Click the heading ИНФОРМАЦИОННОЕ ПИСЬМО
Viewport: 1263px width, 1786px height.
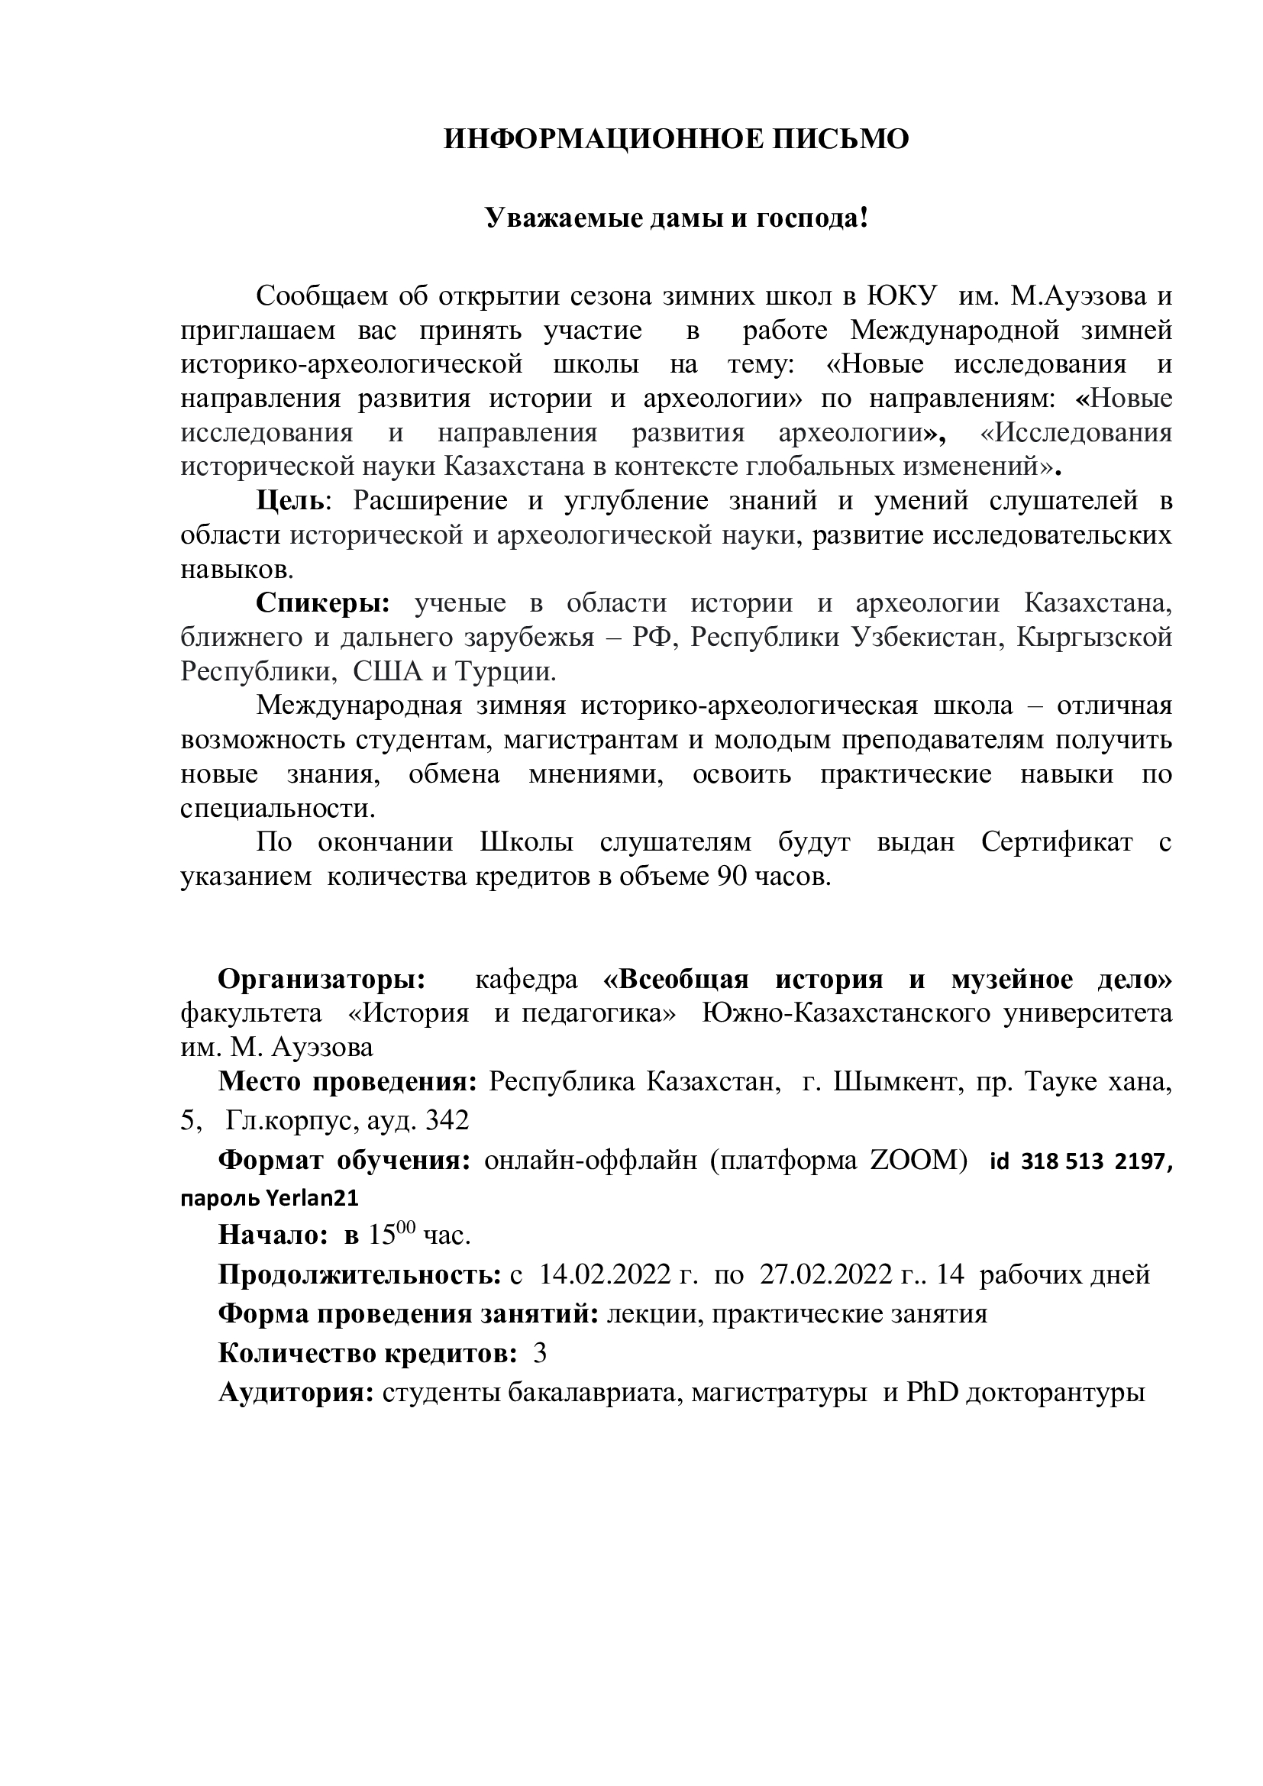point(676,140)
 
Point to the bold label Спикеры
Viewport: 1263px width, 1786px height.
point(322,603)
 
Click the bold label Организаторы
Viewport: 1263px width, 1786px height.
point(321,980)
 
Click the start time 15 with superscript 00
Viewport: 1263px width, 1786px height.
point(382,1235)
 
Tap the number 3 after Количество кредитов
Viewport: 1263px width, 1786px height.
point(540,1354)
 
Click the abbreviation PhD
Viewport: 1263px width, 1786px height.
point(932,1392)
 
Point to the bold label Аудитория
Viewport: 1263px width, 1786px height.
point(296,1392)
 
